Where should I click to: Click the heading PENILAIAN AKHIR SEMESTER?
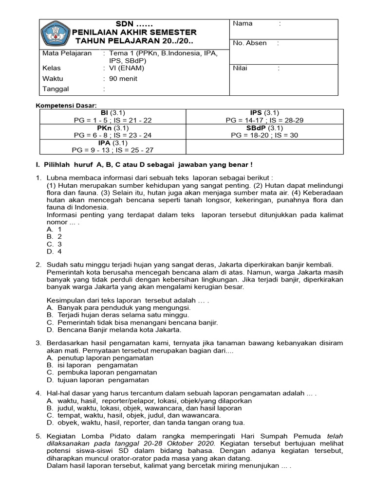pyautogui.click(x=134, y=32)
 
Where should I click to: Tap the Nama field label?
pyautogui.click(x=243, y=23)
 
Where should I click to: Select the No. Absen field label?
pyautogui.click(x=250, y=43)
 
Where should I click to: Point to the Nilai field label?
pyautogui.click(x=240, y=68)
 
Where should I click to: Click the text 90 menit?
pyautogui.click(x=123, y=78)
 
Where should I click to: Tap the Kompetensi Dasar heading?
pyautogui.click(x=67, y=105)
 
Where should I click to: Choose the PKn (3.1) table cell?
pyautogui.click(x=112, y=131)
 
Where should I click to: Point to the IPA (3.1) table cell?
pyautogui.click(x=112, y=146)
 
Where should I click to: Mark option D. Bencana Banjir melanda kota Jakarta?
pyautogui.click(x=114, y=329)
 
